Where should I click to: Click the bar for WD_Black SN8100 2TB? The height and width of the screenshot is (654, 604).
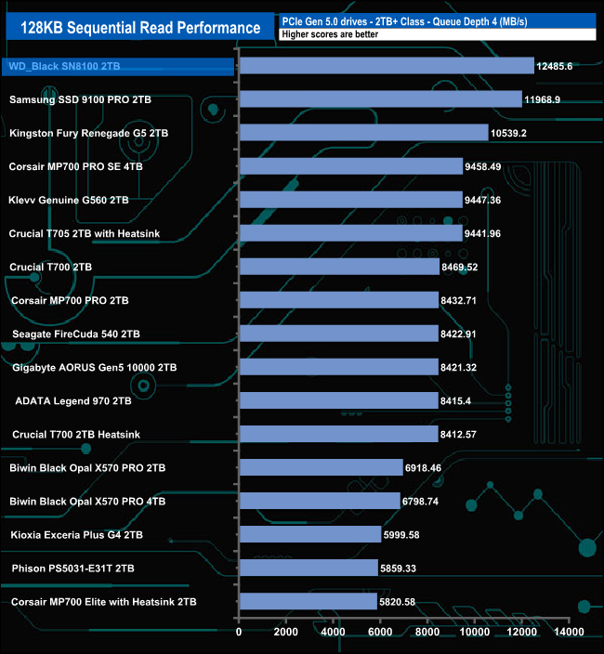pos(386,66)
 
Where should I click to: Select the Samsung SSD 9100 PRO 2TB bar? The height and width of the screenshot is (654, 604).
pos(380,99)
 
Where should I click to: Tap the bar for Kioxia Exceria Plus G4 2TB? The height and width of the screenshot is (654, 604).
pos(310,534)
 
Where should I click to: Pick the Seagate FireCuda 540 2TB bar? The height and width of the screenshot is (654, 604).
pos(338,334)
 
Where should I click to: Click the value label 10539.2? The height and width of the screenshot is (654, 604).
pos(508,133)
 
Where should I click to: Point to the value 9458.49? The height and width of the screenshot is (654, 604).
pos(482,166)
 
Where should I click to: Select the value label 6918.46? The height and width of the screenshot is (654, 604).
pos(423,467)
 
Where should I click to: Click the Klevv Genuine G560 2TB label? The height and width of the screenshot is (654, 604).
pos(69,200)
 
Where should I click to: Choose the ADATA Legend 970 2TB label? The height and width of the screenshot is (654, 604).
pos(73,400)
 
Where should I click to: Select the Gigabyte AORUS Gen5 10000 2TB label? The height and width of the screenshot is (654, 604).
pos(93,367)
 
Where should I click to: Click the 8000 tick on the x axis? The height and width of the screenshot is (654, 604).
pos(427,632)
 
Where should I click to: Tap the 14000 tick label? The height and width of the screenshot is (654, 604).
pos(569,632)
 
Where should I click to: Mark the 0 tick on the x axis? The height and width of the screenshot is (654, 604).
pos(239,632)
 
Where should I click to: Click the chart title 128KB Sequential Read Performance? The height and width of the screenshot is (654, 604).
pos(134,27)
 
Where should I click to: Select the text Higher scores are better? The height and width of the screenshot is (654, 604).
pos(322,34)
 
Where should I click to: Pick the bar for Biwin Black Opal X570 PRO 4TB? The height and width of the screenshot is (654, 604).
pos(320,501)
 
